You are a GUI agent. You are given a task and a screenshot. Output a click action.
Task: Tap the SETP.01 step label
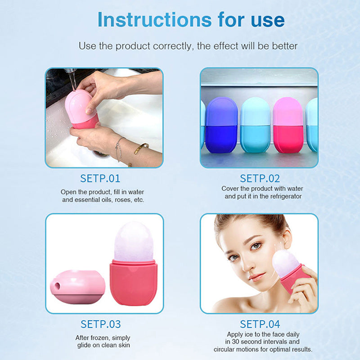(100, 178)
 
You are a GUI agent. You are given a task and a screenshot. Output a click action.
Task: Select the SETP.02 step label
(260, 178)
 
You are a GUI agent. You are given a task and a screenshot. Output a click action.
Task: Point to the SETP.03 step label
(100, 324)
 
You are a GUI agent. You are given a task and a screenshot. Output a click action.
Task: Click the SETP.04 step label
(260, 324)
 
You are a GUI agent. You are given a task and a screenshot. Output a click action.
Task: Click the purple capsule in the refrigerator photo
(221, 124)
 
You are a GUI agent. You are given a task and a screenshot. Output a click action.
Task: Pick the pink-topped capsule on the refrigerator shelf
(288, 124)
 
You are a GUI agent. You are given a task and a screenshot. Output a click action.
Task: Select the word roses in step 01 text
(120, 199)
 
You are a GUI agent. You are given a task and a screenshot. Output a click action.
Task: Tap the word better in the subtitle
(285, 46)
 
